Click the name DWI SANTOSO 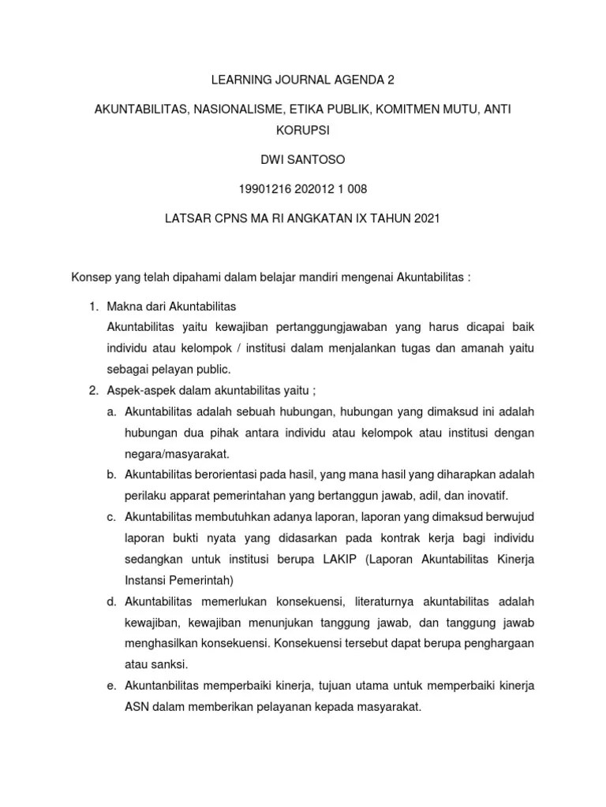[x=303, y=161]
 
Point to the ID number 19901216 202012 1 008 [x=303, y=188]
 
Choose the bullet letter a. [x=111, y=412]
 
